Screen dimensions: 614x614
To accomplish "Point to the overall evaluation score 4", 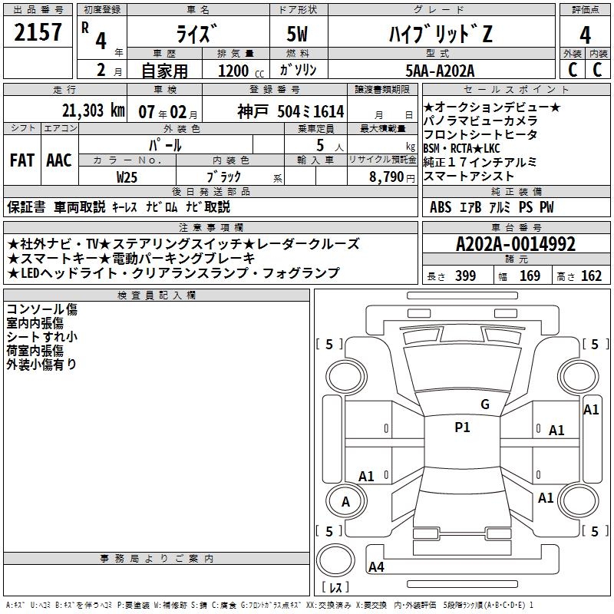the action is click(x=586, y=35).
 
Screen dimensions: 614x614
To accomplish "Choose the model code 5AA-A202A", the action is click(x=441, y=71).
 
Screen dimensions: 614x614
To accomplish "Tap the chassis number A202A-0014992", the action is click(x=515, y=244).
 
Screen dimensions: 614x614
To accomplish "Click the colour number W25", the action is click(x=127, y=177).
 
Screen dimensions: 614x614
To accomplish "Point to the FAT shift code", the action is click(x=21, y=160).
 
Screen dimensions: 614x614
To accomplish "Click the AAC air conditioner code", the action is click(x=59, y=160).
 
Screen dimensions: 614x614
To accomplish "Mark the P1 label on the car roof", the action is click(x=462, y=427).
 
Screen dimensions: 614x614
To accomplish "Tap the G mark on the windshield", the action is click(x=484, y=404).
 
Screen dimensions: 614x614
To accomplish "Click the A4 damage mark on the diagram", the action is click(x=376, y=567).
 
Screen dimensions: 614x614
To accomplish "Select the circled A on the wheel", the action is click(x=345, y=502).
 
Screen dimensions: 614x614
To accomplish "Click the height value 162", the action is click(x=591, y=276).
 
